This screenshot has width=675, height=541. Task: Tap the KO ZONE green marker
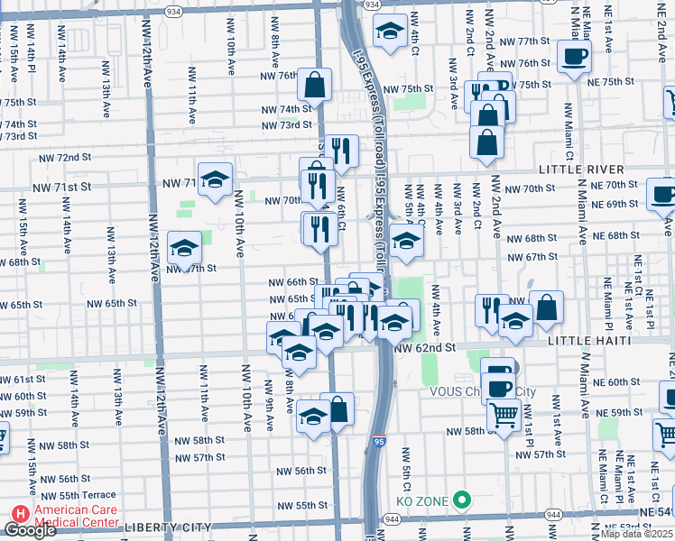[x=462, y=499]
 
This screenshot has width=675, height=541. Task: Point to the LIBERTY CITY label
[x=168, y=527]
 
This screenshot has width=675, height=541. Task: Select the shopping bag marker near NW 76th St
[x=315, y=86]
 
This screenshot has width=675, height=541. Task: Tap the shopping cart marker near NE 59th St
[x=504, y=414]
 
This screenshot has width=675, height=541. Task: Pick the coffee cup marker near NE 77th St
[x=573, y=58]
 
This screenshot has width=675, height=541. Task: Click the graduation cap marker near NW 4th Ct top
[x=390, y=32]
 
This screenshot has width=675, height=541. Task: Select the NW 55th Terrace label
[x=74, y=496]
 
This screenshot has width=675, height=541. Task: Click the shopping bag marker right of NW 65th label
[x=546, y=308]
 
